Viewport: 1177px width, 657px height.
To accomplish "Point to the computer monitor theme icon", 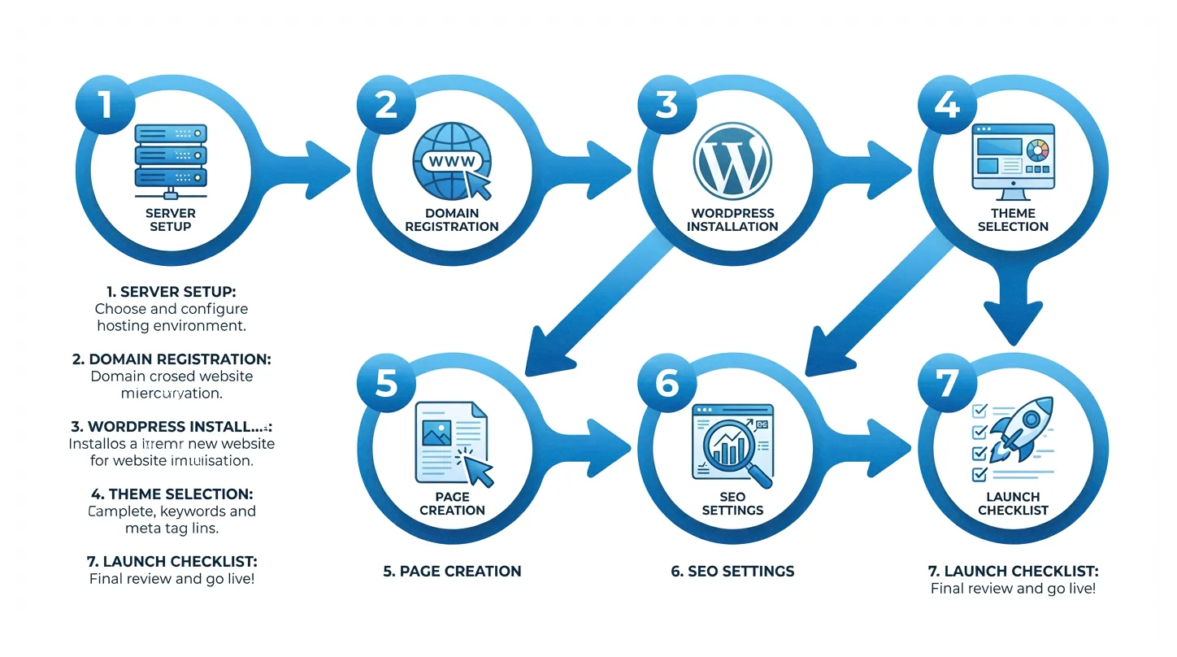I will pyautogui.click(x=1013, y=160).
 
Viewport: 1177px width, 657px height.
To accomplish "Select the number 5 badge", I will pyautogui.click(x=386, y=383).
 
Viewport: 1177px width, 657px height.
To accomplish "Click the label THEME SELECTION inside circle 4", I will pyautogui.click(x=1013, y=220).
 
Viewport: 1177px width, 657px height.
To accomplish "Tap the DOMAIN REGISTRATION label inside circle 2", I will pyautogui.click(x=452, y=220).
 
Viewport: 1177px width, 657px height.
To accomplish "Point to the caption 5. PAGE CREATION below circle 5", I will pyautogui.click(x=452, y=571).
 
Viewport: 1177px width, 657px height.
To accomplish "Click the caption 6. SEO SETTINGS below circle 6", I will pyautogui.click(x=732, y=571).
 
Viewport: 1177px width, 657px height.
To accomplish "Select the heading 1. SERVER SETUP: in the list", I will pyautogui.click(x=172, y=290).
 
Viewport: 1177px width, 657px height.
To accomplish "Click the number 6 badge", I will pyautogui.click(x=667, y=383).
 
